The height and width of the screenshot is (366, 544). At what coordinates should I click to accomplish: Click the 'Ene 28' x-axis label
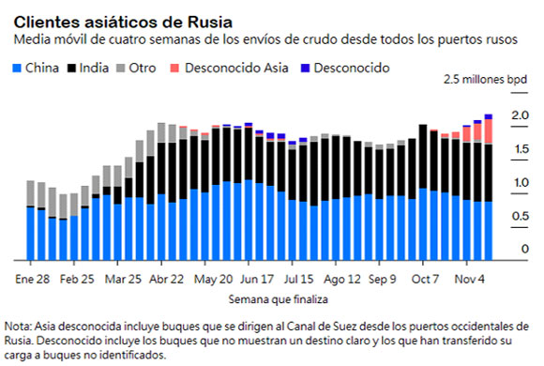pyautogui.click(x=33, y=279)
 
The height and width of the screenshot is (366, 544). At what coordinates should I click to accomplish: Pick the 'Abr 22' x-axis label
pyautogui.click(x=166, y=279)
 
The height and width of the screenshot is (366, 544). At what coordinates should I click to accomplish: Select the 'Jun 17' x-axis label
pyautogui.click(x=256, y=279)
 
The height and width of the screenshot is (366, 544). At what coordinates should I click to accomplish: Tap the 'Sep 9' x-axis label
pyautogui.click(x=383, y=279)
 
